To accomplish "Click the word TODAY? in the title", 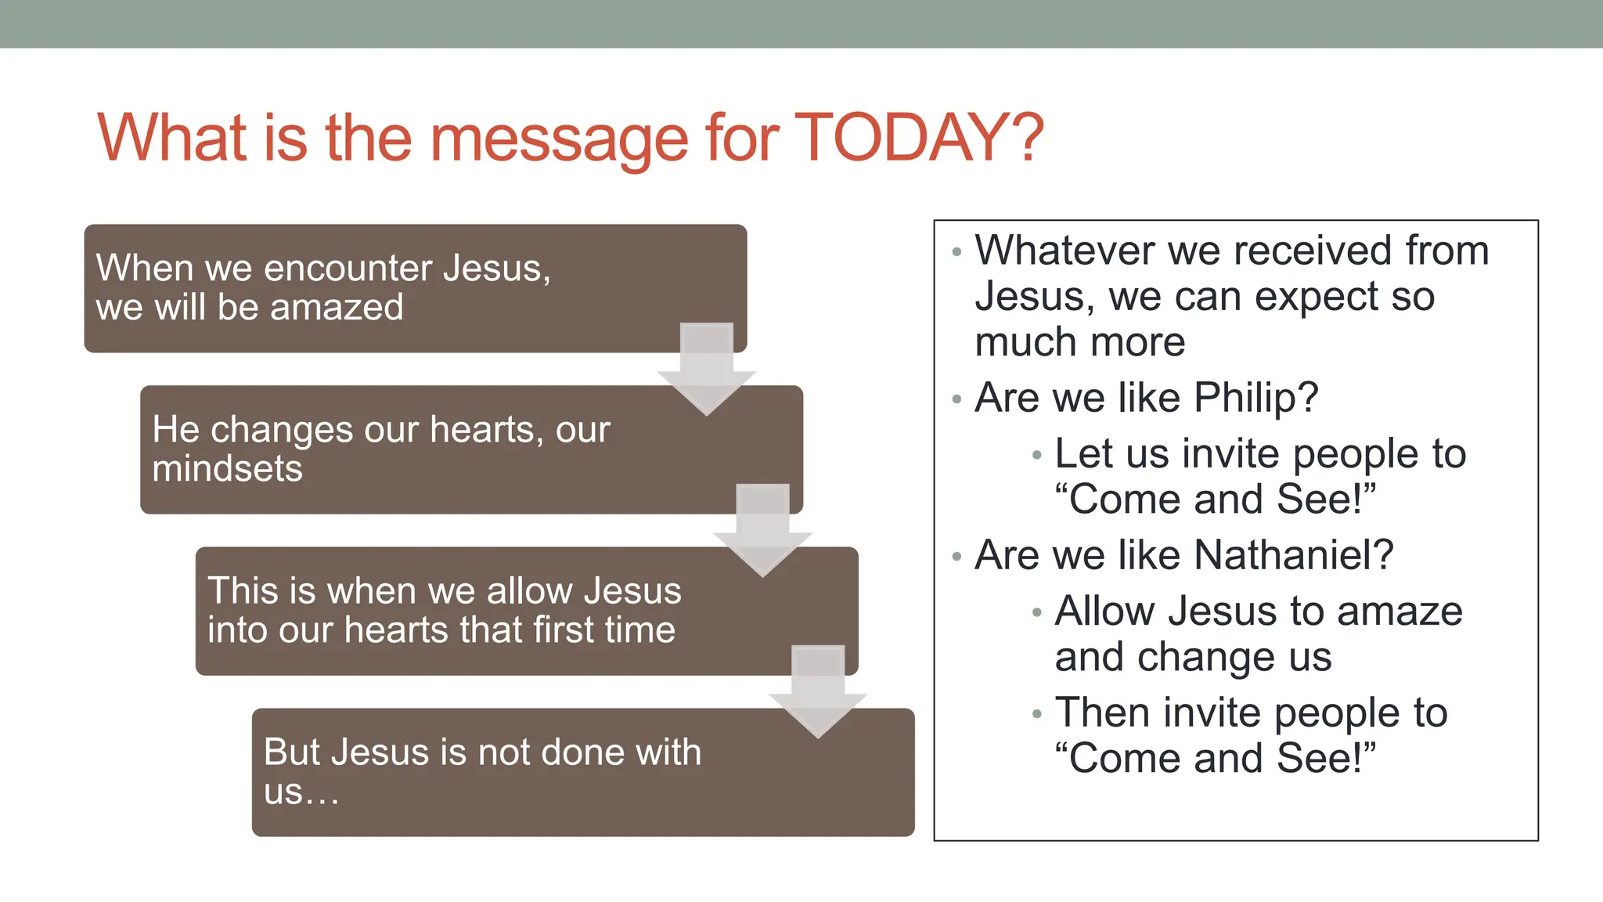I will click(x=919, y=139).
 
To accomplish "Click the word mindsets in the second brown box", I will click(x=227, y=469).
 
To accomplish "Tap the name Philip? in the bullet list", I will click(x=1255, y=398).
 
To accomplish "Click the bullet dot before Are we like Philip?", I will click(x=956, y=400).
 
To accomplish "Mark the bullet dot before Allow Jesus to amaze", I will click(x=1037, y=613).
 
